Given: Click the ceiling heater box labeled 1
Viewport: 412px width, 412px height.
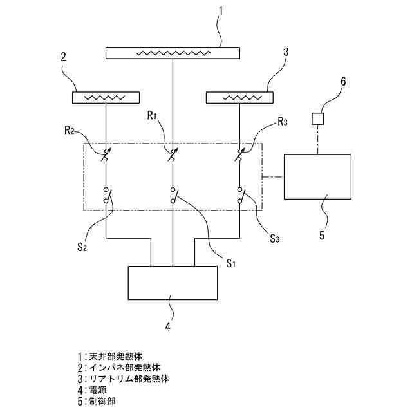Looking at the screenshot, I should tap(173, 53).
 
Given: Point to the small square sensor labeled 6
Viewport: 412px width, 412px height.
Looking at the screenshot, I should tap(317, 118).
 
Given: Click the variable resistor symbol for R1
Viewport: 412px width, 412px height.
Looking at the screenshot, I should tap(172, 156).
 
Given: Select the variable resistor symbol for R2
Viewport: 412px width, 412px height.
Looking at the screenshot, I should tap(106, 156).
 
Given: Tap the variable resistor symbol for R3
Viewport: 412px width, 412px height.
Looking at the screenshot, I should tap(239, 156).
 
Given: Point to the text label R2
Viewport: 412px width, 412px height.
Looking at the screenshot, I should tap(71, 131).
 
